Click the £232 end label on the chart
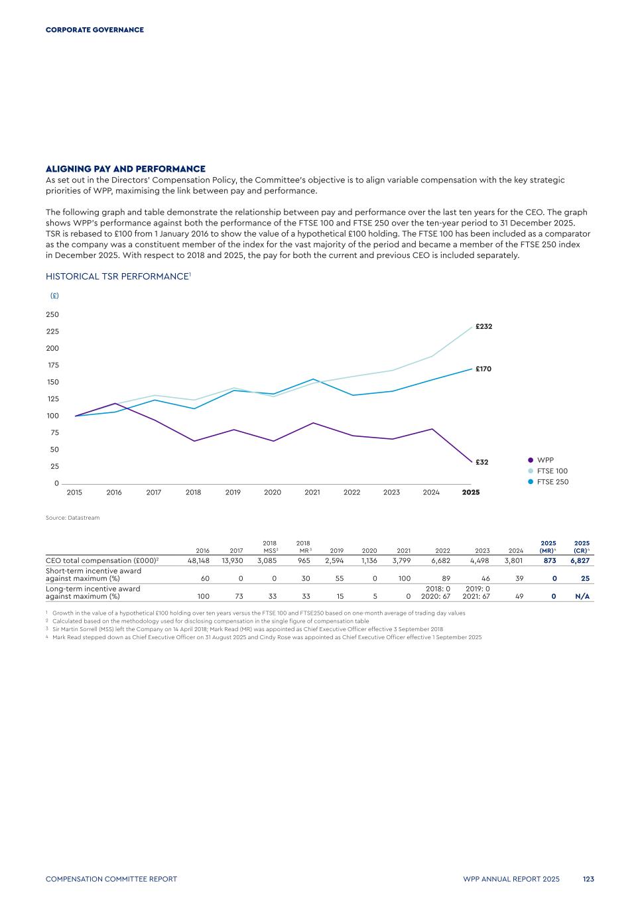pyautogui.click(x=483, y=327)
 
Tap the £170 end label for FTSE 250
pyautogui.click(x=483, y=369)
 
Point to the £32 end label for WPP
pyautogui.click(x=482, y=462)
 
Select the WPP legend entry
pyautogui.click(x=545, y=460)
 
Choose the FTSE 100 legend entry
pyautogui.click(x=552, y=471)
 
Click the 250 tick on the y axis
pyautogui.click(x=52, y=315)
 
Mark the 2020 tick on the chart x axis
pyautogui.click(x=273, y=493)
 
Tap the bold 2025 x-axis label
pyautogui.click(x=471, y=493)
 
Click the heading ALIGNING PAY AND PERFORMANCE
pyautogui.click(x=125, y=169)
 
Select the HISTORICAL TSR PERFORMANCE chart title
pyautogui.click(x=118, y=276)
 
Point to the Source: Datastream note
pyautogui.click(x=72, y=518)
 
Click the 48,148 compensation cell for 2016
pyautogui.click(x=198, y=561)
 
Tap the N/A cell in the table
pyautogui.click(x=582, y=597)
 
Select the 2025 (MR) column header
pyautogui.click(x=548, y=547)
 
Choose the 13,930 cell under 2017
pyautogui.click(x=232, y=561)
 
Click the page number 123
pyautogui.click(x=588, y=879)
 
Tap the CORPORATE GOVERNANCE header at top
pyautogui.click(x=94, y=30)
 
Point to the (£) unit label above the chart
pyautogui.click(x=54, y=296)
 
